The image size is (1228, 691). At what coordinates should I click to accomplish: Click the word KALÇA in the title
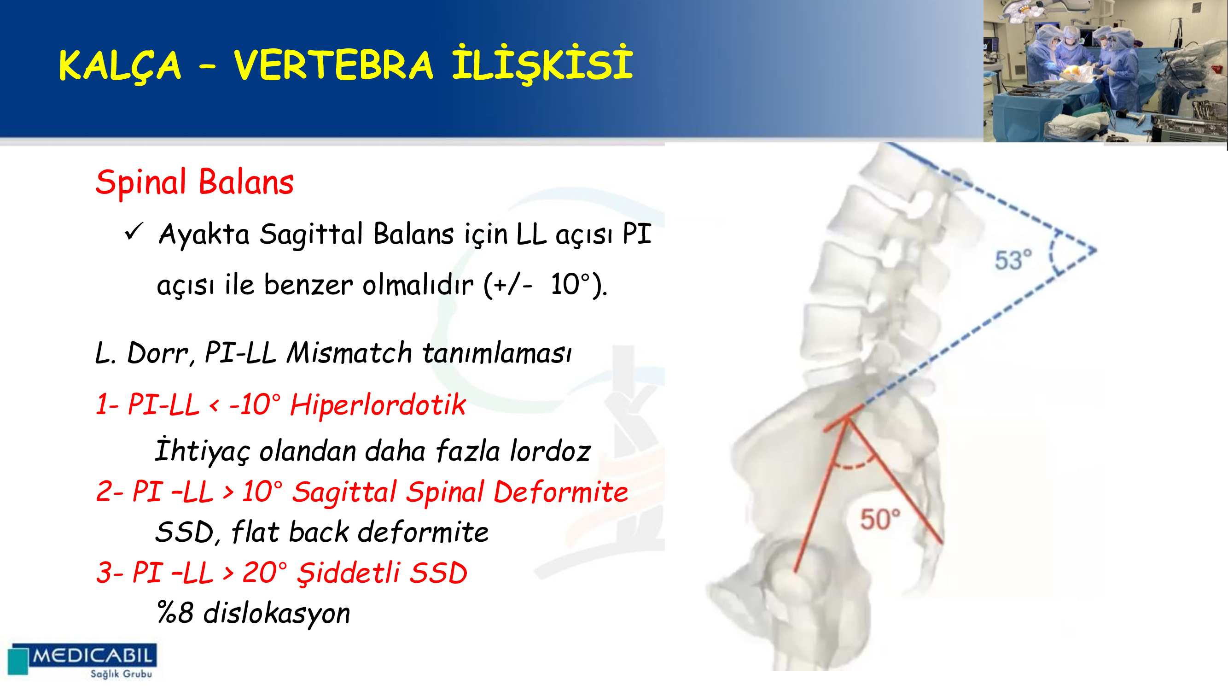[120, 66]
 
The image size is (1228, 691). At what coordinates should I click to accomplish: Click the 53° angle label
[1013, 260]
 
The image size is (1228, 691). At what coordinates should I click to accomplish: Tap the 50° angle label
[880, 519]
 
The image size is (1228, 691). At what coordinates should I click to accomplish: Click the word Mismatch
[349, 353]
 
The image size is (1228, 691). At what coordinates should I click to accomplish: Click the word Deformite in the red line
[561, 492]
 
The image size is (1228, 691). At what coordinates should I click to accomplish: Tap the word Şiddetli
[349, 573]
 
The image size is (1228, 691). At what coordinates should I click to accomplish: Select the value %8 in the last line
[175, 613]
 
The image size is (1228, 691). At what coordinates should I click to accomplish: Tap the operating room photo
[1106, 71]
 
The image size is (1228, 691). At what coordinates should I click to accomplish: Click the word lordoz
[551, 451]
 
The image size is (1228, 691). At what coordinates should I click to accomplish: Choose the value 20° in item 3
[265, 573]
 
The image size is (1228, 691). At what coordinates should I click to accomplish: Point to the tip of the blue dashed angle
[1096, 250]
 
